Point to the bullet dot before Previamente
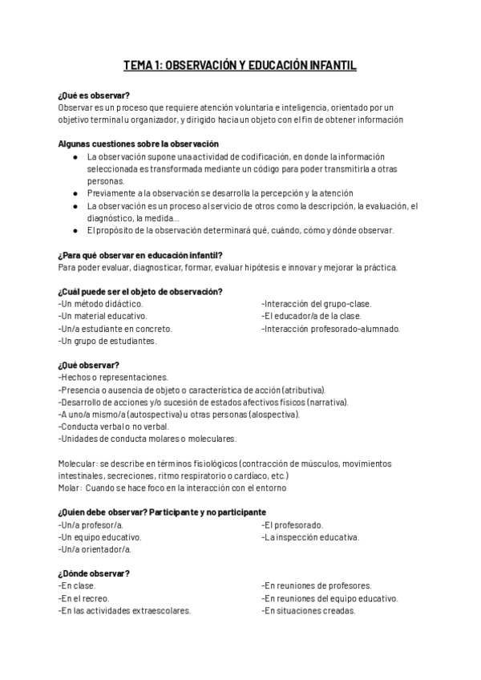coord(75,193)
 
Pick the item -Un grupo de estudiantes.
coord(107,341)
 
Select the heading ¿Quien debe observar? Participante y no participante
coord(162,512)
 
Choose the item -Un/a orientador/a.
coord(95,549)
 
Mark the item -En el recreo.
coord(84,598)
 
